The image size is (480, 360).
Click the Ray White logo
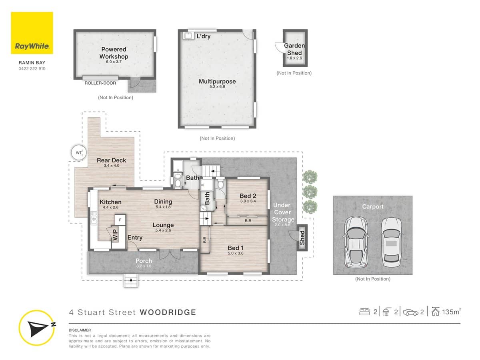32,33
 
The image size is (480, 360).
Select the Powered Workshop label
114,53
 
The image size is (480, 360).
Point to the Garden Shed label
294,49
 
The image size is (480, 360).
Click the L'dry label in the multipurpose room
203,36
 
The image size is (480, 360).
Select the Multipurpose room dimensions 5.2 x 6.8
217,86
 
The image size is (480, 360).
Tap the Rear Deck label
111,160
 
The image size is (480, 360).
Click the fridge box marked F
120,220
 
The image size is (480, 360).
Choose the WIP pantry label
115,234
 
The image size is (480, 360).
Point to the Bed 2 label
248,196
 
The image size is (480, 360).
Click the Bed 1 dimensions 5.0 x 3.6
236,253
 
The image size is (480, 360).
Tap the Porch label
143,261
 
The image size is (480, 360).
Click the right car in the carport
391,242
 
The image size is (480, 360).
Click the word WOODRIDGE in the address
168,312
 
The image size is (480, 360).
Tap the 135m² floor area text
451,312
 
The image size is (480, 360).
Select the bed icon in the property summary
364,312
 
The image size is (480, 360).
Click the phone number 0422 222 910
32,68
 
